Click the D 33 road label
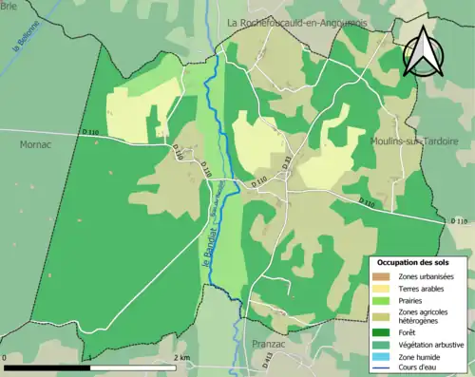289,161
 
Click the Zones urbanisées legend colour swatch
383,276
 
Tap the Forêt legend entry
411,333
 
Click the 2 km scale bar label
181,357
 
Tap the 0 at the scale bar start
6,357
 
